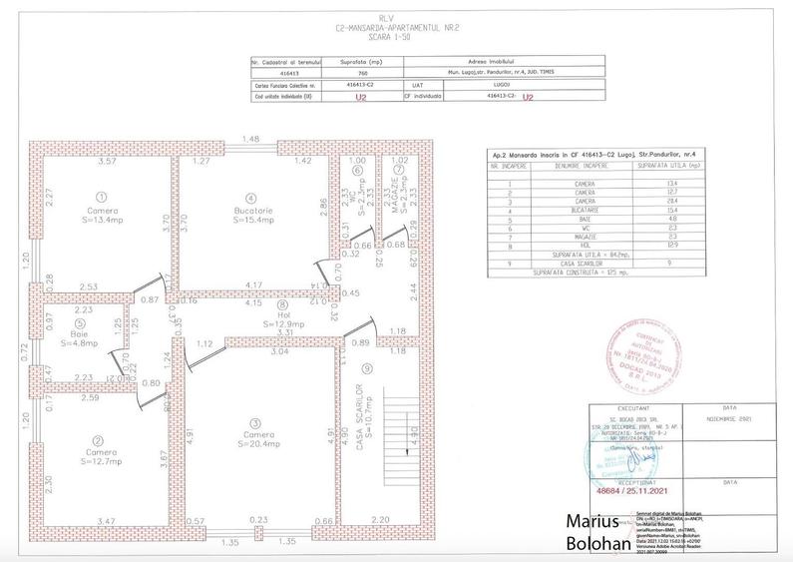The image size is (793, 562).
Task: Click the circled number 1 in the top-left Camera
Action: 100,196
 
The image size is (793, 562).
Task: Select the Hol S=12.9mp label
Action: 282,318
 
